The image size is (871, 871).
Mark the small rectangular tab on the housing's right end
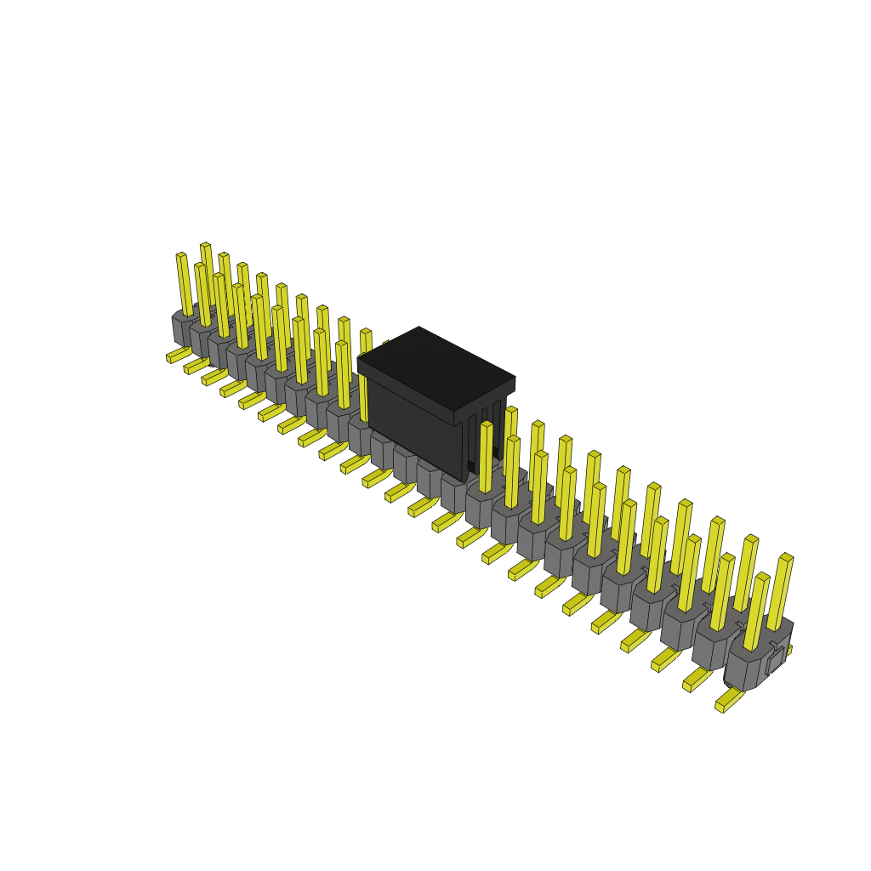coord(775,661)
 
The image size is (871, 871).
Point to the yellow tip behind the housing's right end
coord(788,650)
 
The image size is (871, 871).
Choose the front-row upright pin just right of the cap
coord(486,457)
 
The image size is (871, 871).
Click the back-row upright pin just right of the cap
coord(510,438)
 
